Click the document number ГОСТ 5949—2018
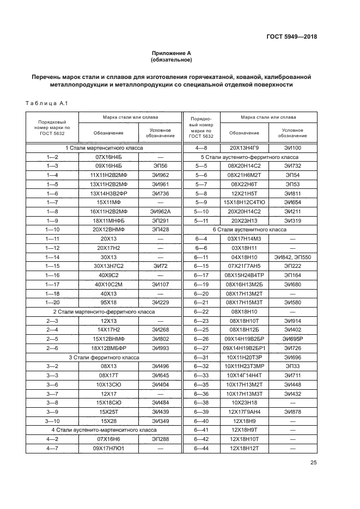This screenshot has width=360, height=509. coord(291,37)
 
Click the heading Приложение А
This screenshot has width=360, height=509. coord(172,53)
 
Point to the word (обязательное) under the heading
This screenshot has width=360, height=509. coord(172,60)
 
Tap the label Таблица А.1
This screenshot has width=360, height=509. coord(46,103)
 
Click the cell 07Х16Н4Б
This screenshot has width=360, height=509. coord(108,157)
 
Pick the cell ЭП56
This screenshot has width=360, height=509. coord(160,165)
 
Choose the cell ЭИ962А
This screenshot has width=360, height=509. coord(160,211)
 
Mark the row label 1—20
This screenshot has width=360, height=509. coord(52,302)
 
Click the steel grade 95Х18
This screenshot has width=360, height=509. coord(108,302)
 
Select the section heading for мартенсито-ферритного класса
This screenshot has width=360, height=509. coord(103,311)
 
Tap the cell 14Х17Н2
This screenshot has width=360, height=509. coord(108,329)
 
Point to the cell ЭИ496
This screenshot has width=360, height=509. coord(160,366)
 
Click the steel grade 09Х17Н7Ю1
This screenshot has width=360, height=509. coord(108,448)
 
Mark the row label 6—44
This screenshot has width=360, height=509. coord(202,448)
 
